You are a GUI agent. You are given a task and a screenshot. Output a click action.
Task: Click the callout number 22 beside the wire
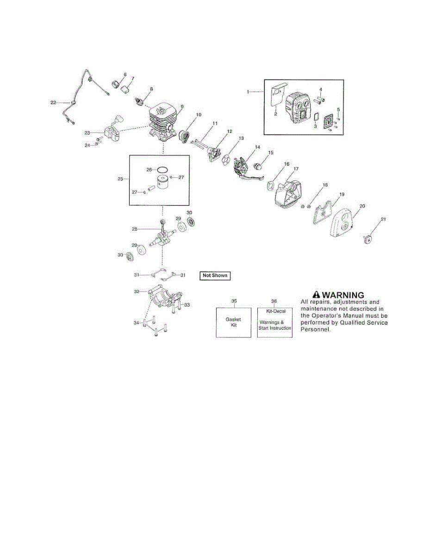tap(53, 102)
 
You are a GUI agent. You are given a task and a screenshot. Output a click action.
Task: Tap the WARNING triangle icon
tap(316, 295)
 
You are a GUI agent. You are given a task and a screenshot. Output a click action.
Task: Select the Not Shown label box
tap(215, 276)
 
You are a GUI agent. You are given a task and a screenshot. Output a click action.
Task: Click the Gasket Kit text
tap(233, 322)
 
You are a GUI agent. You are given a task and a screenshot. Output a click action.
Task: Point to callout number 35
tap(234, 301)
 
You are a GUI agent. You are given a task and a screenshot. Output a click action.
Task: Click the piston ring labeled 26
tap(163, 170)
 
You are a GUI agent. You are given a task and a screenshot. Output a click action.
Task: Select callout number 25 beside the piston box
tap(120, 179)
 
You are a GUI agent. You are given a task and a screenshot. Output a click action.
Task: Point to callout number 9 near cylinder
tap(182, 106)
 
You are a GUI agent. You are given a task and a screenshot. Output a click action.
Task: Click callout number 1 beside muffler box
tap(248, 92)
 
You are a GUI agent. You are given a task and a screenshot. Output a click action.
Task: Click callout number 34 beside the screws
tap(136, 322)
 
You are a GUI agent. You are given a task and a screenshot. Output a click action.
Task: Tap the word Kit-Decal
tap(276, 311)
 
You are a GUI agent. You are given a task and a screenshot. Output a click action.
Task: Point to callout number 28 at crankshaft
tap(135, 229)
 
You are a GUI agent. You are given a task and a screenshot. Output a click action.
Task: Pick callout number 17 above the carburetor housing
tap(296, 169)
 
